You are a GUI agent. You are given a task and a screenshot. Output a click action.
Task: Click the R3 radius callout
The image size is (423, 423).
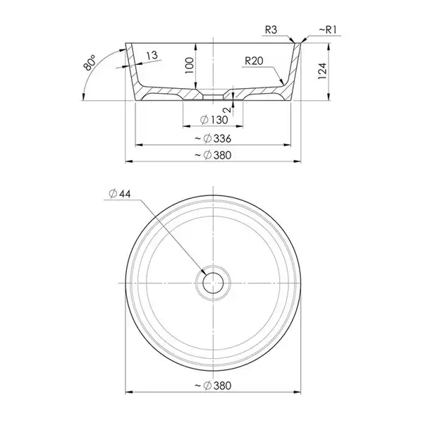pyautogui.click(x=271, y=30)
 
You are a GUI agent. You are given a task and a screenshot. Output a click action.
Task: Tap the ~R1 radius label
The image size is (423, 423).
pyautogui.click(x=328, y=30)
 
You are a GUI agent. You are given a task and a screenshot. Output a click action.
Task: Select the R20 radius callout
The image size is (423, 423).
pyautogui.click(x=254, y=61)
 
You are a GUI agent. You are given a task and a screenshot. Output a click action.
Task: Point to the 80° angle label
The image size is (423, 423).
pyautogui.click(x=90, y=63)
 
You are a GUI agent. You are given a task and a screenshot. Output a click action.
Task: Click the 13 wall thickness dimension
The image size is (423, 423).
pyautogui.click(x=152, y=56)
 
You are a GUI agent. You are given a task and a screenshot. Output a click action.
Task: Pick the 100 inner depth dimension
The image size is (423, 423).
pyautogui.click(x=190, y=66)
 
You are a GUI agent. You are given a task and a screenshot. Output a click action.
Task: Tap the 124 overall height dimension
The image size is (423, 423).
pyautogui.click(x=322, y=71)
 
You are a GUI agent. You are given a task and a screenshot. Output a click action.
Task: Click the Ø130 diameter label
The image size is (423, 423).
pyautogui.click(x=214, y=120)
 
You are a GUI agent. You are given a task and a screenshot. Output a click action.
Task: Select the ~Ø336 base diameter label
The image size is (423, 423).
pyautogui.click(x=213, y=139)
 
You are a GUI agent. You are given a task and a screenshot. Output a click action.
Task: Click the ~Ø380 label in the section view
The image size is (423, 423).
pyautogui.click(x=213, y=155)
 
